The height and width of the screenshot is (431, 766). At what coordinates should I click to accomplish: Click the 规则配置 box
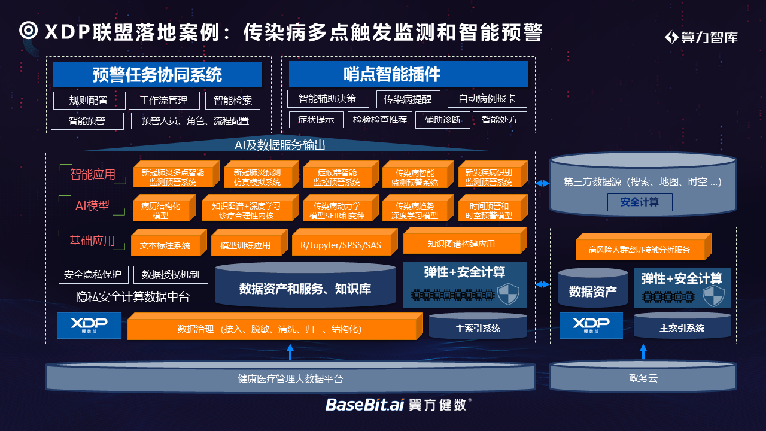89,101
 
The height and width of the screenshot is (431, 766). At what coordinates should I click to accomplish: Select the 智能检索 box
233,101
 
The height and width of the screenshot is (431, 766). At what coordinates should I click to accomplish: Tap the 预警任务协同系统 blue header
157,75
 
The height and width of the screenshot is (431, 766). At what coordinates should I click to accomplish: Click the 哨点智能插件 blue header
409,74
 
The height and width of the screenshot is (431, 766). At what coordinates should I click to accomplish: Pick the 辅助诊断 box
443,120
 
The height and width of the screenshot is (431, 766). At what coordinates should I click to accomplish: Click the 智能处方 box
500,120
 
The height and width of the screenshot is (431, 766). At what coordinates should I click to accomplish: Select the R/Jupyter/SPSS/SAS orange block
344,245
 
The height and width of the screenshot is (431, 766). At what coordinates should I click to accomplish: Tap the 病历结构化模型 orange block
160,210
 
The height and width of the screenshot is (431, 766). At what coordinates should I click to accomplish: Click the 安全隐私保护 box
93,275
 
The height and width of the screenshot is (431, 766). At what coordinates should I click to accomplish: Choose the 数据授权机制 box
171,275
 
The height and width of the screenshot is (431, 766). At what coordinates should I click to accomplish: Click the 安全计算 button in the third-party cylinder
640,202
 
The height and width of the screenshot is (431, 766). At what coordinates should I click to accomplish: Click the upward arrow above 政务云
643,352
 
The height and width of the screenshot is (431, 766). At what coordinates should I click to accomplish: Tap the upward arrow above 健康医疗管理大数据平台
290,352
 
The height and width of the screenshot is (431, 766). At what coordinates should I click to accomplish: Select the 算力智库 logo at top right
701,37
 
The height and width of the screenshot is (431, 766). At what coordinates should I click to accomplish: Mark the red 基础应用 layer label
92,241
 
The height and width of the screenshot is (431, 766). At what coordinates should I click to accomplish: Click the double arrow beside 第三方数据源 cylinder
542,183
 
